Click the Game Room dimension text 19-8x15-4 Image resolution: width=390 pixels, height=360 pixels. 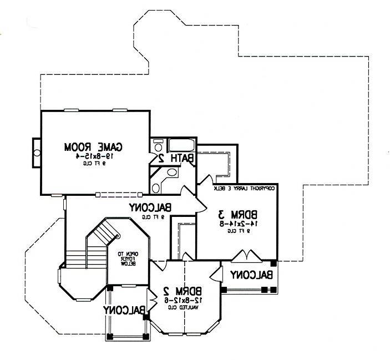93,156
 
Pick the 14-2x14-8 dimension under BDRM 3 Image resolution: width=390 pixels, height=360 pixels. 237,224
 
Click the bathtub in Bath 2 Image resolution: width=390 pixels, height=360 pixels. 181,146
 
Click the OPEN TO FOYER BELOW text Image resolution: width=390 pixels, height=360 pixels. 130,259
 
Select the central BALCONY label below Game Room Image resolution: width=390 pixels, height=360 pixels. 150,208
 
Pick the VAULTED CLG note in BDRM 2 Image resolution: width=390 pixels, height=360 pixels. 184,307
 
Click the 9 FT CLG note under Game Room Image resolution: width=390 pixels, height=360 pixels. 93,164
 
